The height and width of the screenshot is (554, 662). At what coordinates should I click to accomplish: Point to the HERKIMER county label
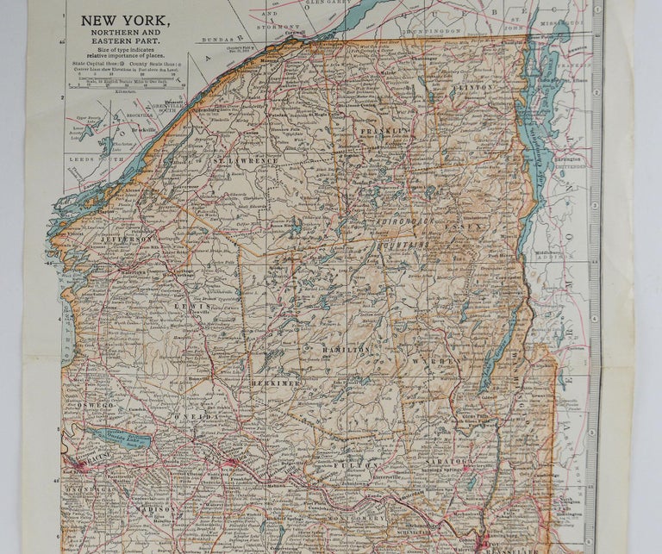tap(276, 380)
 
